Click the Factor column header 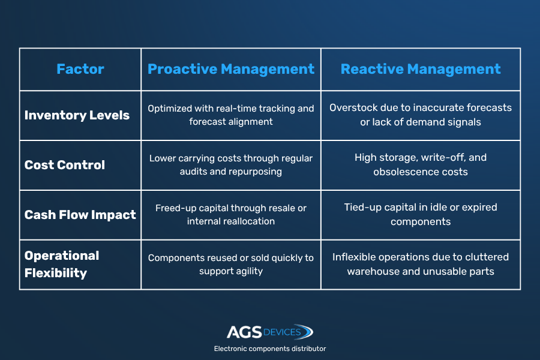[x=80, y=69]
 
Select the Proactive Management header [x=231, y=69]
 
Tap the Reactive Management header [x=421, y=69]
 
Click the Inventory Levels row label [x=77, y=115]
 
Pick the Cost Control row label [x=65, y=164]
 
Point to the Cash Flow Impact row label [x=80, y=215]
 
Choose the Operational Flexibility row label [x=62, y=264]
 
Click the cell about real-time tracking [x=231, y=115]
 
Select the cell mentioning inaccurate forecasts [x=421, y=115]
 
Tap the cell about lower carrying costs [x=231, y=164]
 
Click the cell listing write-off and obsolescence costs [x=421, y=164]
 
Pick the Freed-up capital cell [x=231, y=215]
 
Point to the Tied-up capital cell [x=421, y=214]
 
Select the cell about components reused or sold [x=231, y=264]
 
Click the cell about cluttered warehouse [x=421, y=264]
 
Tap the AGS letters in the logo [x=244, y=332]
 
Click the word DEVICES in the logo [x=282, y=332]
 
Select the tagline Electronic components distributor [x=270, y=349]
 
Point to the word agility [x=248, y=271]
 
